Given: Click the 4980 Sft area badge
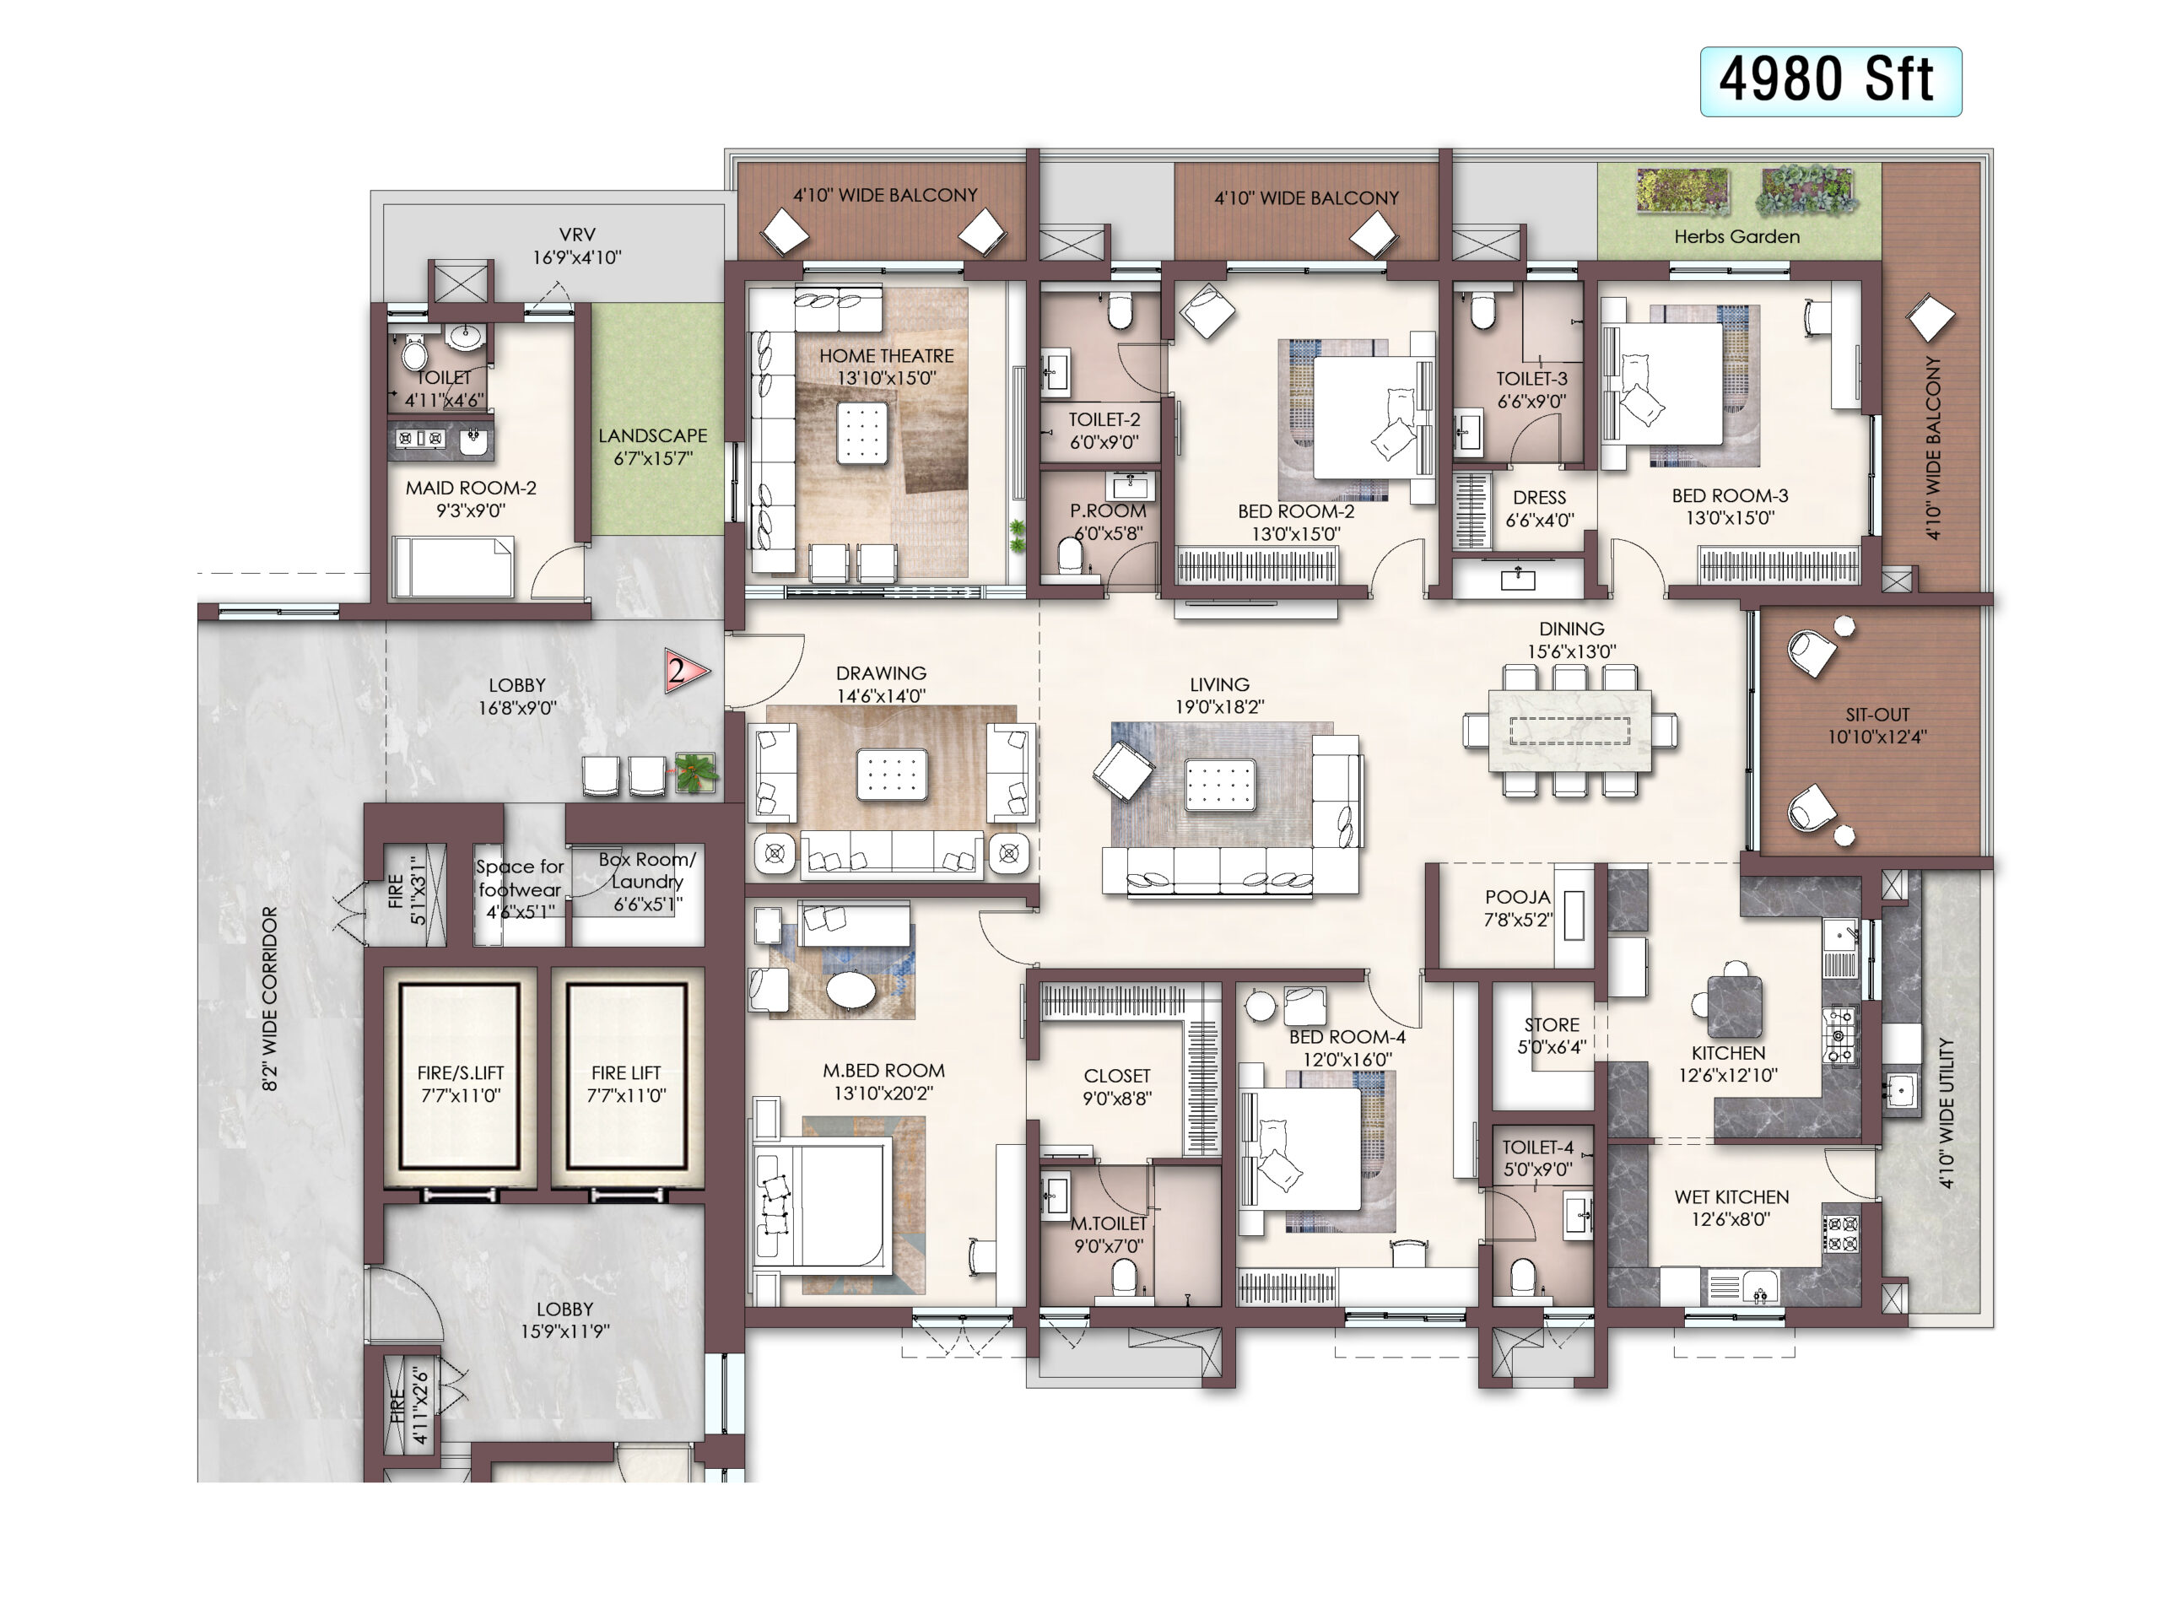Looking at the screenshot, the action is (1830, 81).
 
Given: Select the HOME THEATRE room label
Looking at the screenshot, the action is (886, 356).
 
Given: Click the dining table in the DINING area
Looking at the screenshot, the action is (1570, 731).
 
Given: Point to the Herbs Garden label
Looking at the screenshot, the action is (1736, 236).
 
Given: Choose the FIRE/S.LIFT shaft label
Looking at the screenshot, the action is (460, 1072).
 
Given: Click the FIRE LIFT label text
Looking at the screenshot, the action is (626, 1072).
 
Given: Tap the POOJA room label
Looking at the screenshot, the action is (1517, 896).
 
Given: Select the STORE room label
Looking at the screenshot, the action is (1552, 1024).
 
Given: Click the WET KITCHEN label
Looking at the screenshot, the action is (1731, 1196).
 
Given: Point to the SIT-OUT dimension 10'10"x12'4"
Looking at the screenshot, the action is (1876, 737).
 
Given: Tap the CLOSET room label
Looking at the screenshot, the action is (1117, 1075).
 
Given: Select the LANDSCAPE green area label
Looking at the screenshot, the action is (652, 435).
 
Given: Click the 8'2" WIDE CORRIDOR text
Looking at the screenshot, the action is (269, 998).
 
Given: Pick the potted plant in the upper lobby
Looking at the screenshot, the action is (695, 771).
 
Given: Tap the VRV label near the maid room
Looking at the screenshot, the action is (577, 235).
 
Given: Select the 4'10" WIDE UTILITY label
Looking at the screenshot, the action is (1947, 1113).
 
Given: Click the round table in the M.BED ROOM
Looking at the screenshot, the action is (851, 989).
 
